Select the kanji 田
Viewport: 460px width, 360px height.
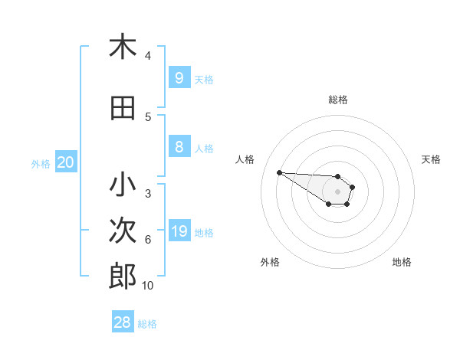click(x=123, y=108)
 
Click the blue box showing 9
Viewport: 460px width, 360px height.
click(x=179, y=77)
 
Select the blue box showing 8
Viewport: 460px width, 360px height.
click(x=179, y=147)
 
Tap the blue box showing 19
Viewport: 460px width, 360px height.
click(x=179, y=231)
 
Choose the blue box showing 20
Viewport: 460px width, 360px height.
click(x=66, y=162)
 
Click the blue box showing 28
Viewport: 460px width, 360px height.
click(x=123, y=323)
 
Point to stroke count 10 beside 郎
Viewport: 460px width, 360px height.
click(x=148, y=286)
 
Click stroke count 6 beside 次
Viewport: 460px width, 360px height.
click(x=148, y=240)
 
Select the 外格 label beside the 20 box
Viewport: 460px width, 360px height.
click(x=41, y=163)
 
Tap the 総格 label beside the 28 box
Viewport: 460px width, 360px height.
click(x=147, y=324)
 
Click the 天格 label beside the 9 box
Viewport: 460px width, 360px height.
click(x=204, y=79)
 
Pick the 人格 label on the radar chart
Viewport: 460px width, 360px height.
click(x=245, y=159)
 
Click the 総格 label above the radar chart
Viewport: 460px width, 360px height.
click(x=337, y=100)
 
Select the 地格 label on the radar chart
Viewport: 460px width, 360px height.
click(x=402, y=262)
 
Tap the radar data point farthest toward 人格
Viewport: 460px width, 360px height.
click(x=279, y=172)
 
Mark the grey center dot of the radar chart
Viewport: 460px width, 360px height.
click(x=337, y=191)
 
